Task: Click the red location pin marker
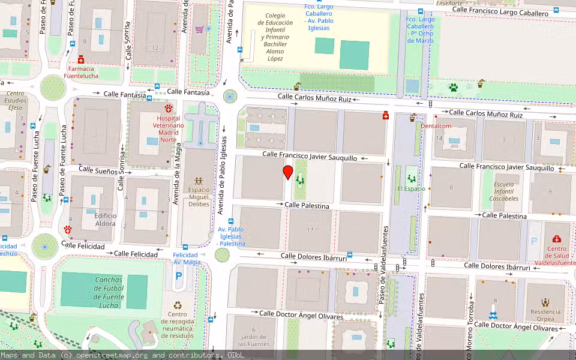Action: click(x=288, y=173)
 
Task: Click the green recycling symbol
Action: click(x=178, y=305)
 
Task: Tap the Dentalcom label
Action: click(x=436, y=126)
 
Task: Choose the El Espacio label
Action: click(x=411, y=188)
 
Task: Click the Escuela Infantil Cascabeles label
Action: click(x=503, y=191)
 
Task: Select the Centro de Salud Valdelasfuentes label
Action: click(x=557, y=255)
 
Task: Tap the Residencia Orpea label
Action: click(x=545, y=316)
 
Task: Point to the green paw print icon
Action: click(x=454, y=88)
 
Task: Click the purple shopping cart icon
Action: click(x=199, y=29)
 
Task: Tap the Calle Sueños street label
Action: click(x=98, y=171)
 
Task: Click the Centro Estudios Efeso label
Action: click(x=16, y=100)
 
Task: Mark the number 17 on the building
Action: click(x=310, y=230)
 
